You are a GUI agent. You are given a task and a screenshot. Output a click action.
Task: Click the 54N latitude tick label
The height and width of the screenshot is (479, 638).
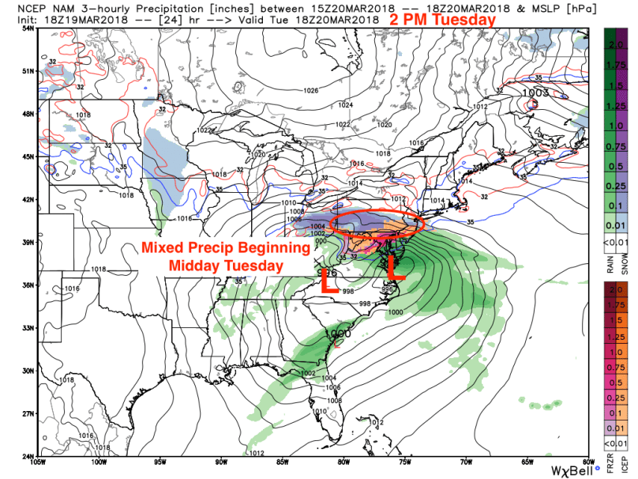pos(28,28)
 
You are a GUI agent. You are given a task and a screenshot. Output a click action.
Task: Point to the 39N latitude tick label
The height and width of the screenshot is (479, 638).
pos(28,242)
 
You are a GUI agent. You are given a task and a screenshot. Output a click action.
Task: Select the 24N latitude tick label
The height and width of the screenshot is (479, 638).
pos(28,456)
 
